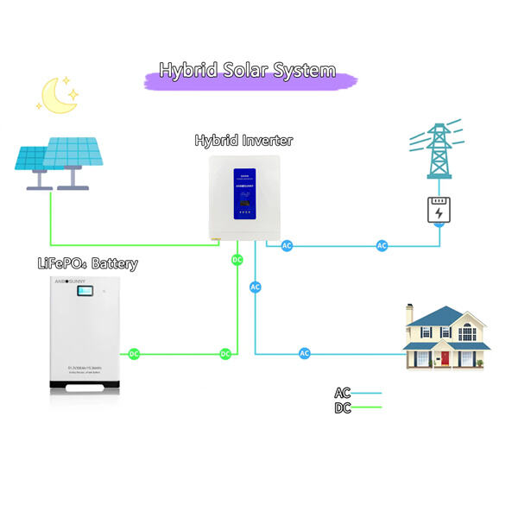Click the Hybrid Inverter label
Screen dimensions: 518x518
[243, 140]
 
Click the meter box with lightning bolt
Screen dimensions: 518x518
[439, 211]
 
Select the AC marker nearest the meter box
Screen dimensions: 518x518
[382, 246]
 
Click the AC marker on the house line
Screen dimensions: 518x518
[305, 353]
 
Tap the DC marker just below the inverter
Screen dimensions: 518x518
[237, 259]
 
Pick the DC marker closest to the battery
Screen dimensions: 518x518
[134, 353]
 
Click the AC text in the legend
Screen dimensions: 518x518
[343, 394]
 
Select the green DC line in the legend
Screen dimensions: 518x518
[367, 407]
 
